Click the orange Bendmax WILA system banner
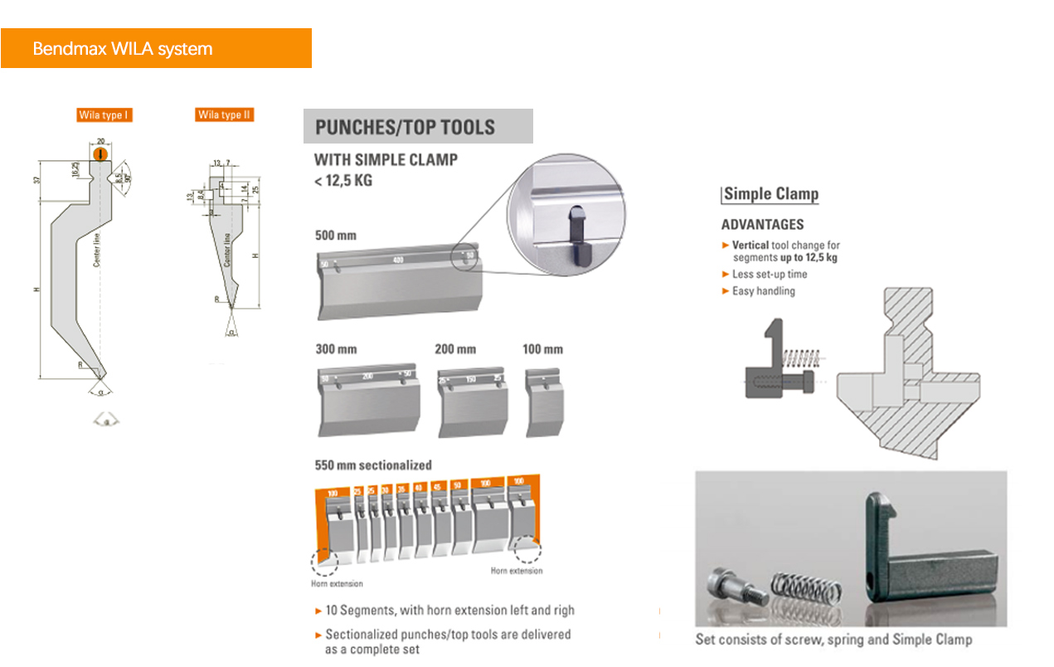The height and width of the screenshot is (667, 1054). [x=156, y=48]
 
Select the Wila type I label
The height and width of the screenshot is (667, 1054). [x=104, y=115]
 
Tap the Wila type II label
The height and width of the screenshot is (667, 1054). [x=224, y=114]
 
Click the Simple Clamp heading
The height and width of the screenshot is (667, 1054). [x=770, y=194]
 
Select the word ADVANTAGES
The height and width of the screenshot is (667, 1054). [x=762, y=224]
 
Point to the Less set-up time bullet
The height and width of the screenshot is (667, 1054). [x=769, y=274]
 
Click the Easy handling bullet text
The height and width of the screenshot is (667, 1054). [x=763, y=291]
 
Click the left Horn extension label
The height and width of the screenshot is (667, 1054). [x=337, y=583]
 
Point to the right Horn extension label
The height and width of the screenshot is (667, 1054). [x=516, y=571]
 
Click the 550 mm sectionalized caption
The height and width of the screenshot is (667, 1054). [x=373, y=465]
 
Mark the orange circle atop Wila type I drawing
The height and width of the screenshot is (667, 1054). [x=100, y=154]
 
